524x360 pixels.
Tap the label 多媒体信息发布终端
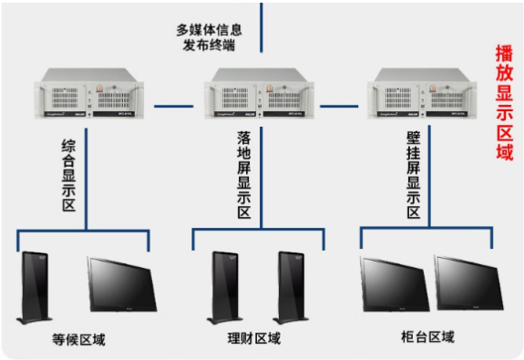209,36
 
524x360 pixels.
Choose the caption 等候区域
78,341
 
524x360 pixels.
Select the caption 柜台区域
427,337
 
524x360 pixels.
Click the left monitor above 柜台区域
395,284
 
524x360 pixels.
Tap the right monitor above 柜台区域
468,284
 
